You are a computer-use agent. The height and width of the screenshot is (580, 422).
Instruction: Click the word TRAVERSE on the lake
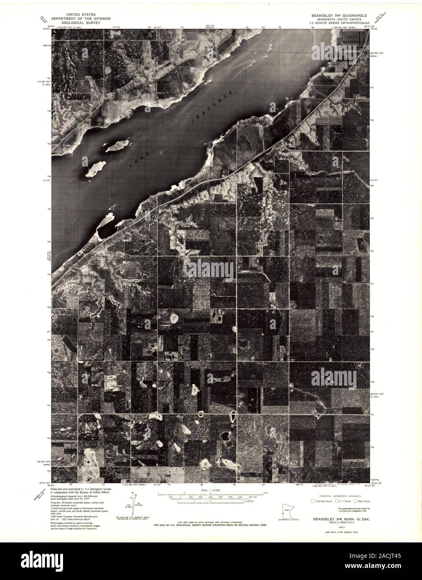pyautogui.click(x=212, y=107)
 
